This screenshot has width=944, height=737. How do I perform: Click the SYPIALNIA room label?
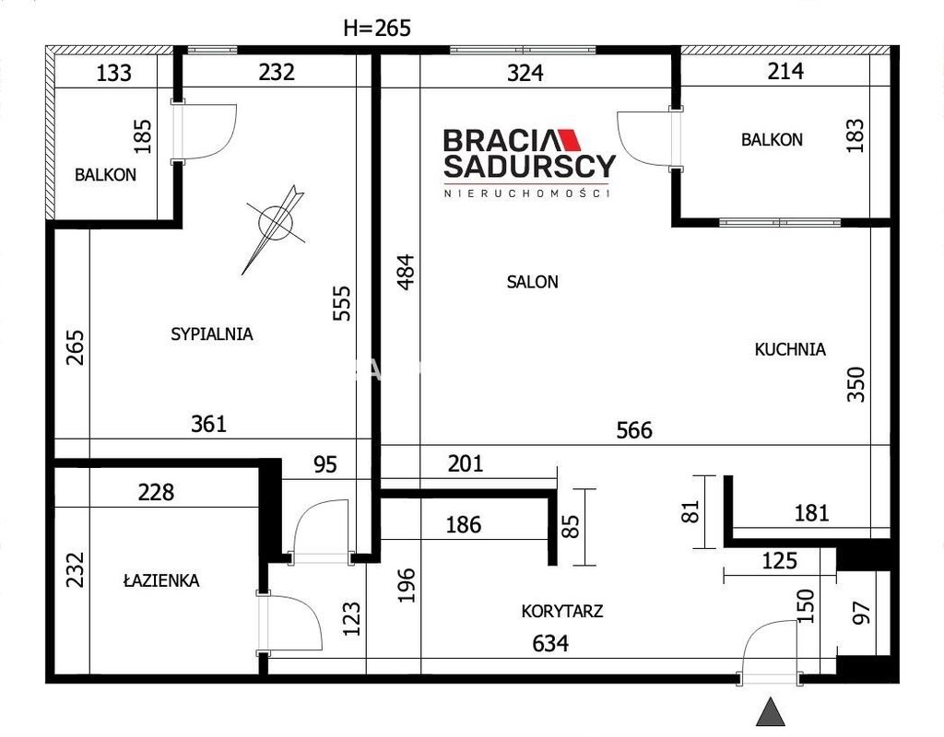click(x=212, y=333)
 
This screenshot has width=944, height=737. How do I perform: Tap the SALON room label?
click(x=532, y=282)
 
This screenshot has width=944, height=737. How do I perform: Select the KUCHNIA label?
click(x=790, y=349)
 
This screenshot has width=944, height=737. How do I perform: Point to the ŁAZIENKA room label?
click(x=161, y=580)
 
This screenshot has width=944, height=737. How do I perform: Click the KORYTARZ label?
click(x=562, y=612)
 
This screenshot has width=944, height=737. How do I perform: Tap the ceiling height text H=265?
click(x=377, y=28)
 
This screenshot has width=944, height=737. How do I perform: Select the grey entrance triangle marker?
click(x=771, y=712)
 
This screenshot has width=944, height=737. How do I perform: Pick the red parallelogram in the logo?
click(x=568, y=140)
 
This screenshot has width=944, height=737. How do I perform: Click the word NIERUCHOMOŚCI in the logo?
click(x=527, y=193)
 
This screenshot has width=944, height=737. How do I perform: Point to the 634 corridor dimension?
click(x=550, y=644)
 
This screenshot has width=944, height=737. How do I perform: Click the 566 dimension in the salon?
click(x=634, y=430)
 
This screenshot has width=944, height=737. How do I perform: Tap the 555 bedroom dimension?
click(x=341, y=303)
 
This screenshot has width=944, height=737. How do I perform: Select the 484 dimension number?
click(x=407, y=273)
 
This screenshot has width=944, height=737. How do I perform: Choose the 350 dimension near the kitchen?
click(x=855, y=384)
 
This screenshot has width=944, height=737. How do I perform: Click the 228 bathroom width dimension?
click(x=156, y=492)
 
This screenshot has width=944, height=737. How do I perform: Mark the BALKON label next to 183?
click(x=772, y=140)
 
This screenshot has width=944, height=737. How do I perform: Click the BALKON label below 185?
click(x=105, y=175)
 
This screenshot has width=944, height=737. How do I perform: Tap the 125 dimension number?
click(x=780, y=561)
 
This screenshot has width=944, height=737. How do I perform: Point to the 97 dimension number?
click(x=862, y=613)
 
